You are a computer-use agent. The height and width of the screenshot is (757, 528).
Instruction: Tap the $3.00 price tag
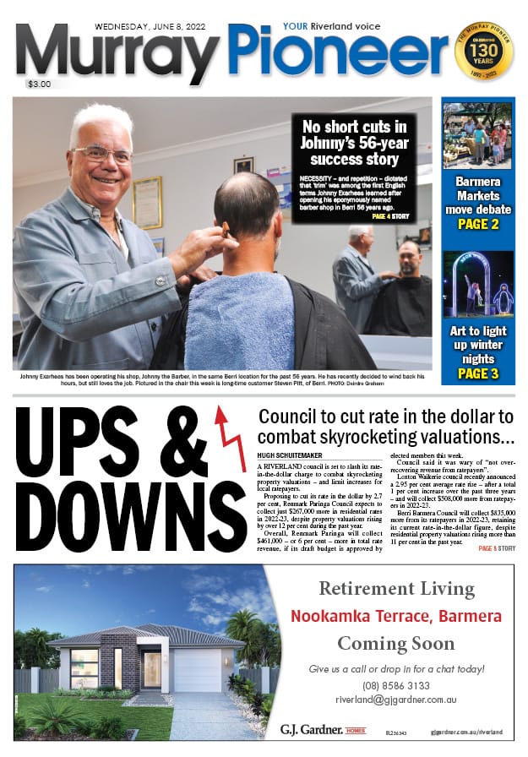[x=39, y=84]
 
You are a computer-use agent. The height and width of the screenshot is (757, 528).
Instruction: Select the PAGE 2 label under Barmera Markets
[x=477, y=224]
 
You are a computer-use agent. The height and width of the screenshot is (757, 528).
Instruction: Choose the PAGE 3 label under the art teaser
[x=477, y=373]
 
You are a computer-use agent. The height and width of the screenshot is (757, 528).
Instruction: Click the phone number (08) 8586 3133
[x=396, y=685]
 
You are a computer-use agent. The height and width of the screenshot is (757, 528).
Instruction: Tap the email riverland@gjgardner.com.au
[x=396, y=700]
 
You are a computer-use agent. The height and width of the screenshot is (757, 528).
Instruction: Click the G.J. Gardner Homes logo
[x=324, y=728]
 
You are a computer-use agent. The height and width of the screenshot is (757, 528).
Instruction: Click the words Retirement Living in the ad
[x=396, y=589]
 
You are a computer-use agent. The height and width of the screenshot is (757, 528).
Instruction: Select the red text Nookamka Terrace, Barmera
[x=396, y=616]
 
